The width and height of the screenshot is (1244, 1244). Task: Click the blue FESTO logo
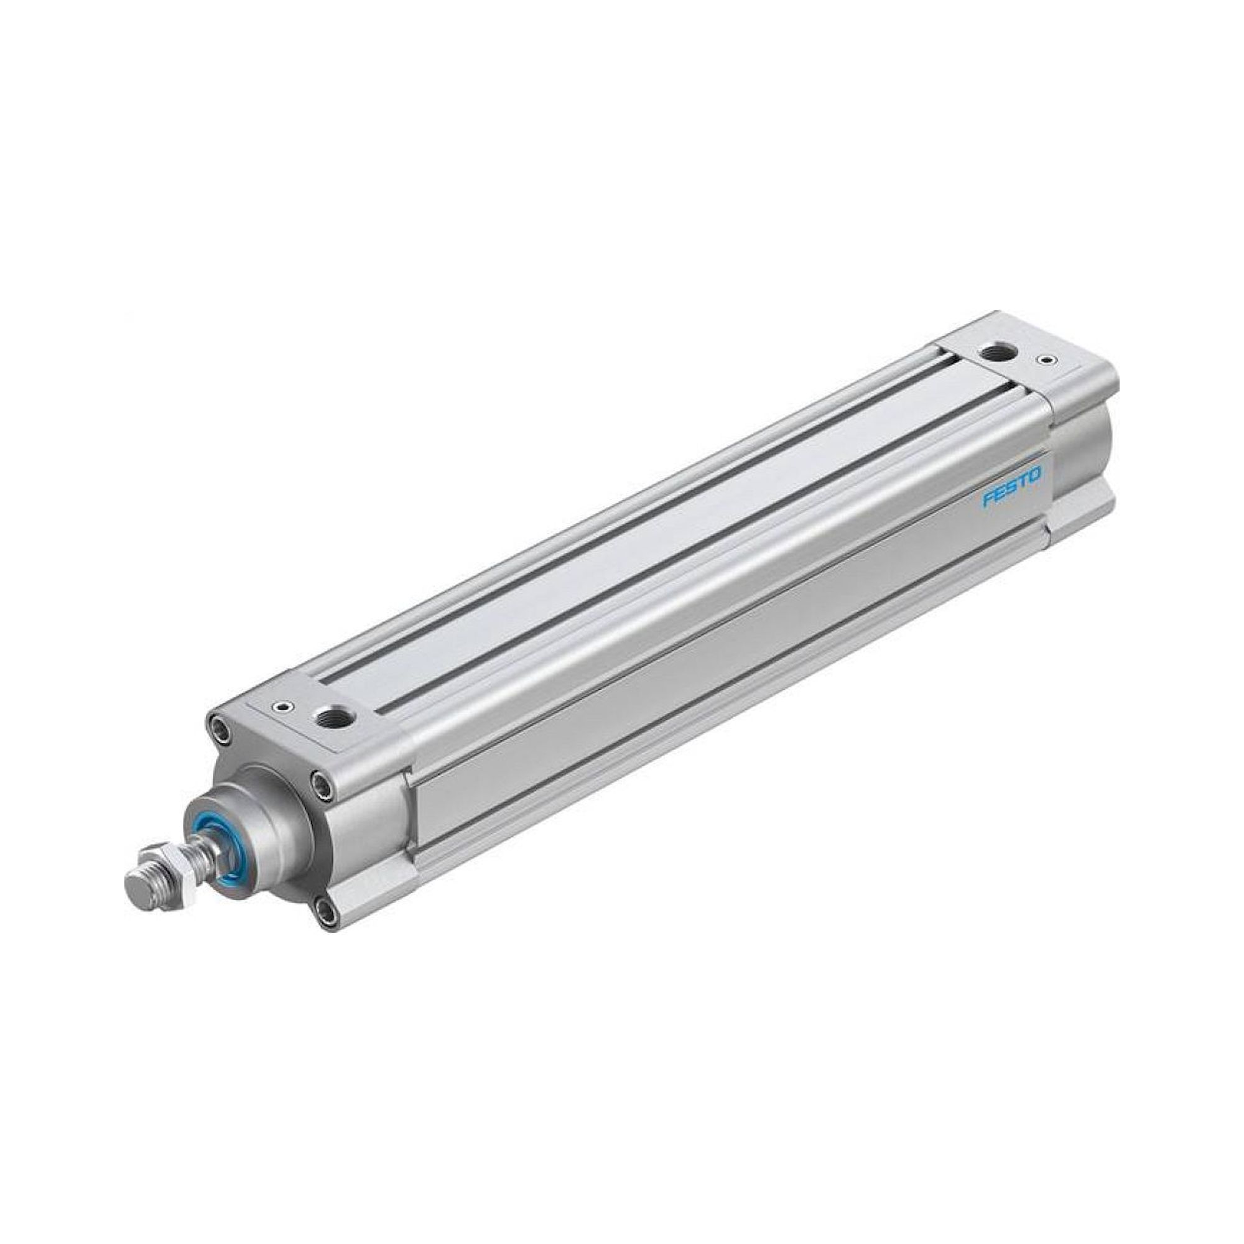tap(1011, 489)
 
